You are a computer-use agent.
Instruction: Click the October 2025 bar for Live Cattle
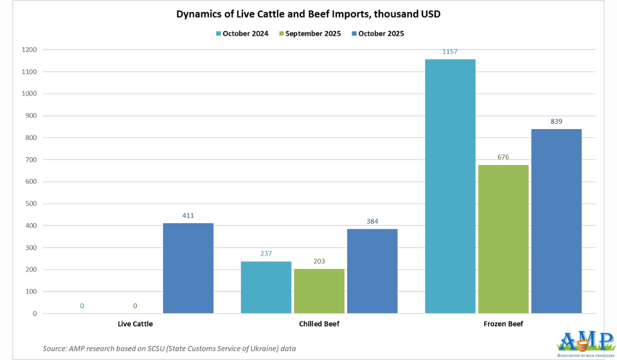click(188, 268)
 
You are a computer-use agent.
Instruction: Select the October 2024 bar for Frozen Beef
click(450, 186)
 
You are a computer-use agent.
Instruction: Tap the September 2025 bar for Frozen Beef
click(503, 239)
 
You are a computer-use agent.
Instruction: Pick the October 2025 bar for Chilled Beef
click(372, 271)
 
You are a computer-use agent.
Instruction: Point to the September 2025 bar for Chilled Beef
click(319, 291)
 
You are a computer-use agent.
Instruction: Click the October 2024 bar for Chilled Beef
click(266, 287)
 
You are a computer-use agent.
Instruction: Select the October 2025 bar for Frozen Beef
click(556, 221)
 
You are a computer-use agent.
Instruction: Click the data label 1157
click(450, 52)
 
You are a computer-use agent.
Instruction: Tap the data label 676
click(503, 157)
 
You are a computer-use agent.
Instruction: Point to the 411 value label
click(188, 215)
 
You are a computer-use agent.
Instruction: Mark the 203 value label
click(319, 261)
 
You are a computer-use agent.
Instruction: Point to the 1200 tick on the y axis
click(30, 50)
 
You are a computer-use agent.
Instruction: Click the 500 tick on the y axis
click(32, 204)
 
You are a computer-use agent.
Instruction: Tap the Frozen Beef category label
click(503, 324)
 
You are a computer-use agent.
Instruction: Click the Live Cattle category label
click(135, 324)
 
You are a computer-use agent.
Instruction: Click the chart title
click(308, 14)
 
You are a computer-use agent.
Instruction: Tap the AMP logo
click(585, 344)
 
